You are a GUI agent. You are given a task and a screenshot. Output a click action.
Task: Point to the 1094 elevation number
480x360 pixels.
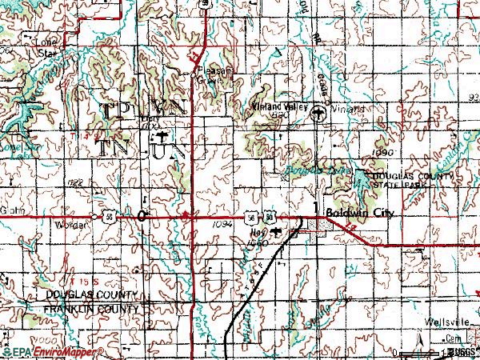coord(223,226)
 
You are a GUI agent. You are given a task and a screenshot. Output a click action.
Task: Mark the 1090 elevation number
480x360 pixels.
coord(383,150)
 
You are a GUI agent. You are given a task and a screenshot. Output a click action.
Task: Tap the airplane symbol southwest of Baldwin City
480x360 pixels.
coord(276,234)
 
